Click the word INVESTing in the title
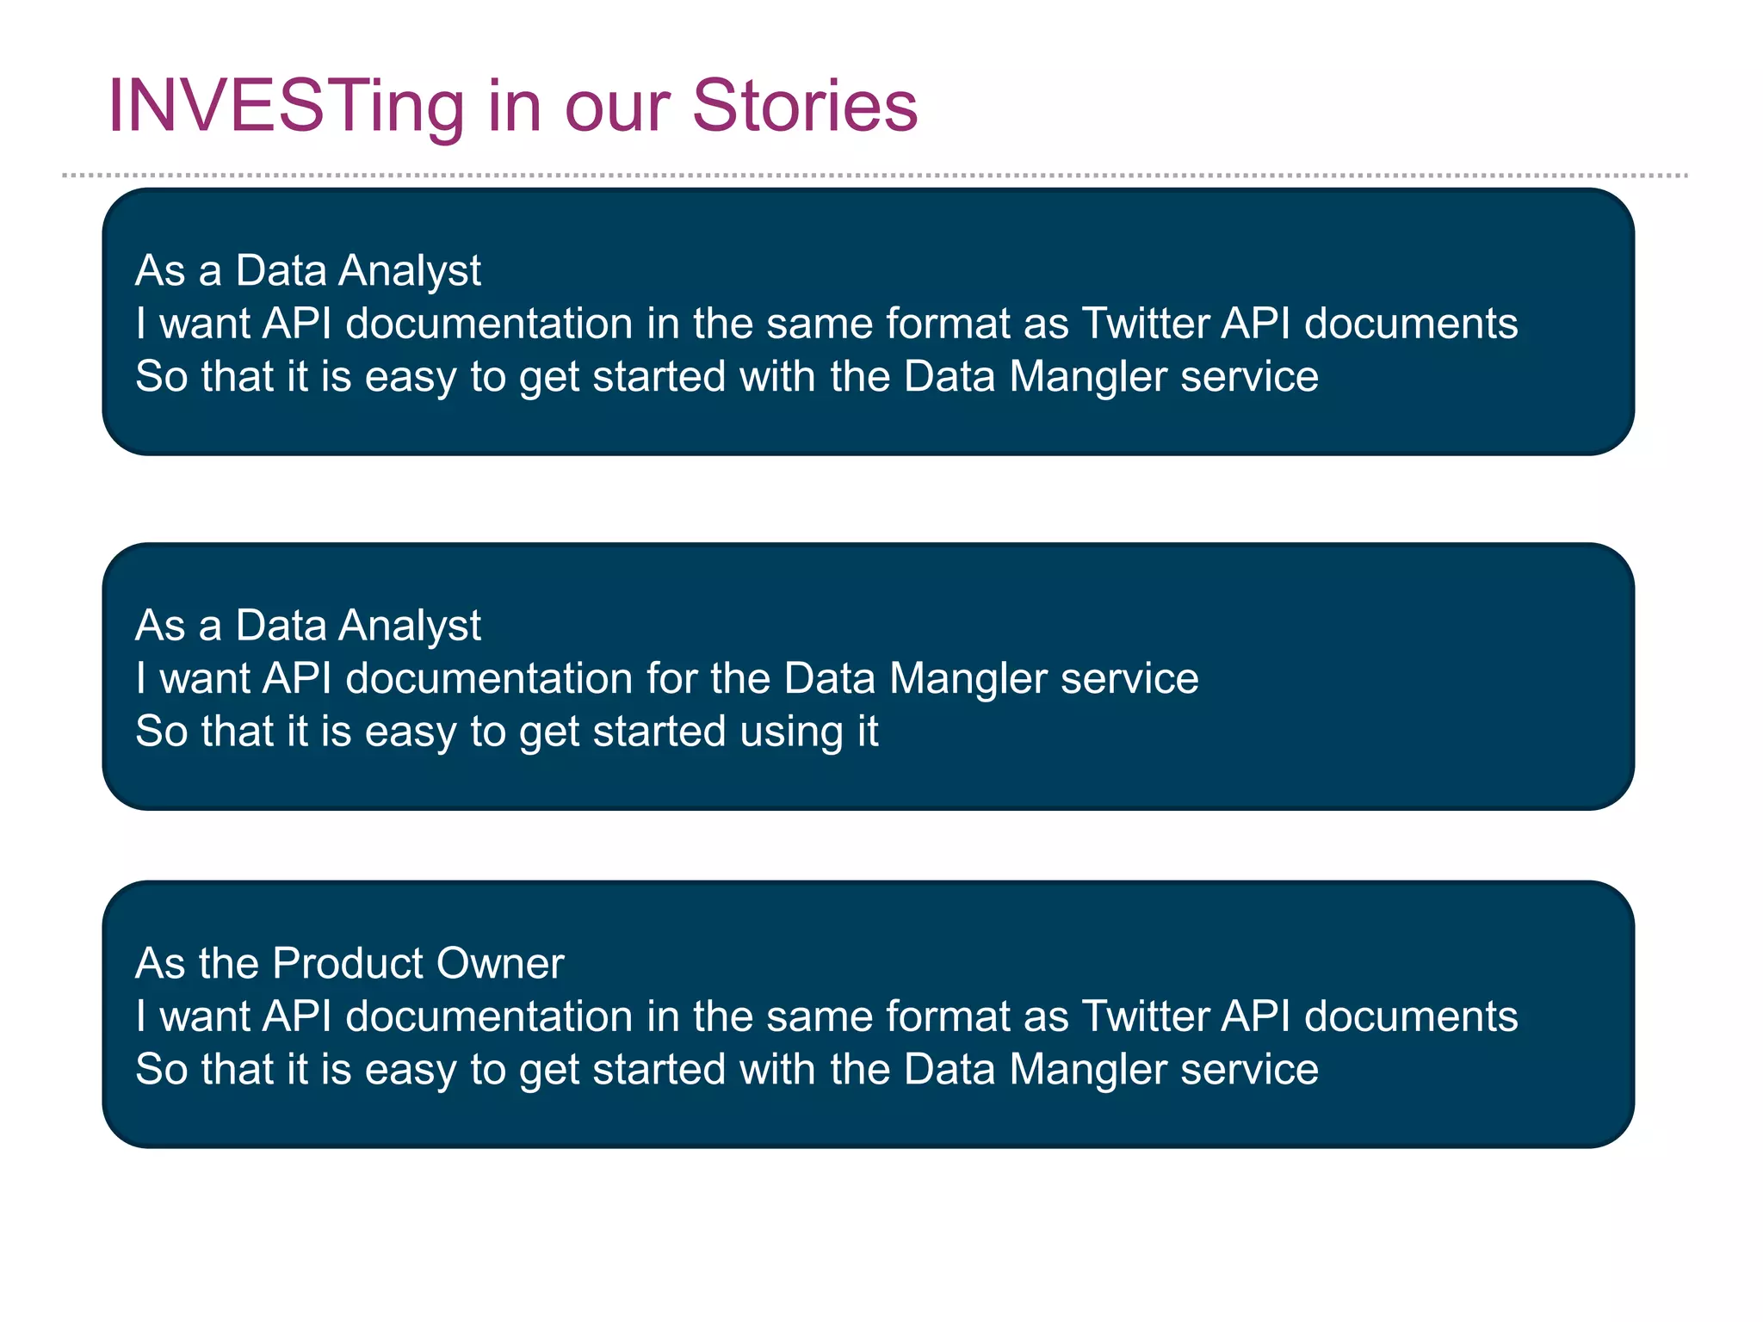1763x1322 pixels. click(x=285, y=107)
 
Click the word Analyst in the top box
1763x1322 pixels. click(x=409, y=272)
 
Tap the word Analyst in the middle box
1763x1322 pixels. click(x=409, y=627)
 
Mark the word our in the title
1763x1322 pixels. click(x=616, y=107)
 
